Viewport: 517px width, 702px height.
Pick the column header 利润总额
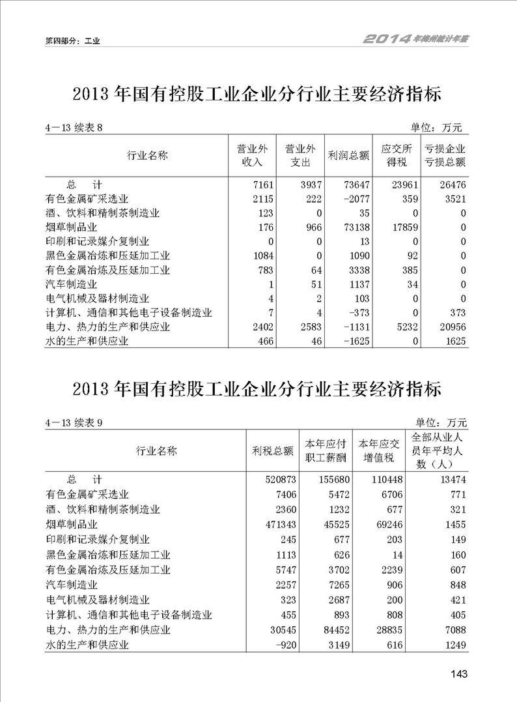[348, 156]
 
